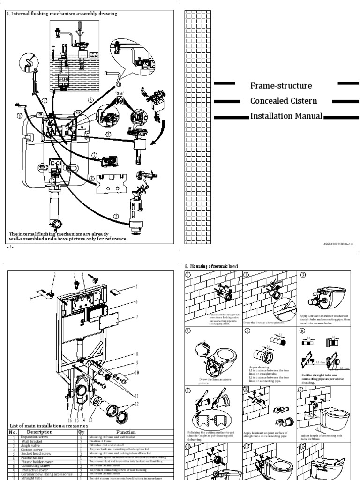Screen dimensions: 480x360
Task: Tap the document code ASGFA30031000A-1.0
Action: tap(337, 244)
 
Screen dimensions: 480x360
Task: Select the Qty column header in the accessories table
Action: tap(81, 432)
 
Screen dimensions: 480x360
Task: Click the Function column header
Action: tap(126, 432)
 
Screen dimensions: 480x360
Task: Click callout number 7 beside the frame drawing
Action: tap(137, 317)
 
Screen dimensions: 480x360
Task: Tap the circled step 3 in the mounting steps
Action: tap(303, 275)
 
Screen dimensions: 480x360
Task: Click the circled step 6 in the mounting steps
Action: tap(303, 330)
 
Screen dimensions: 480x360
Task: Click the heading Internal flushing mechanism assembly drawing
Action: tap(63, 14)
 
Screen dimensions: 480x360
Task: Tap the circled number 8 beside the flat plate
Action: tap(92, 178)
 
